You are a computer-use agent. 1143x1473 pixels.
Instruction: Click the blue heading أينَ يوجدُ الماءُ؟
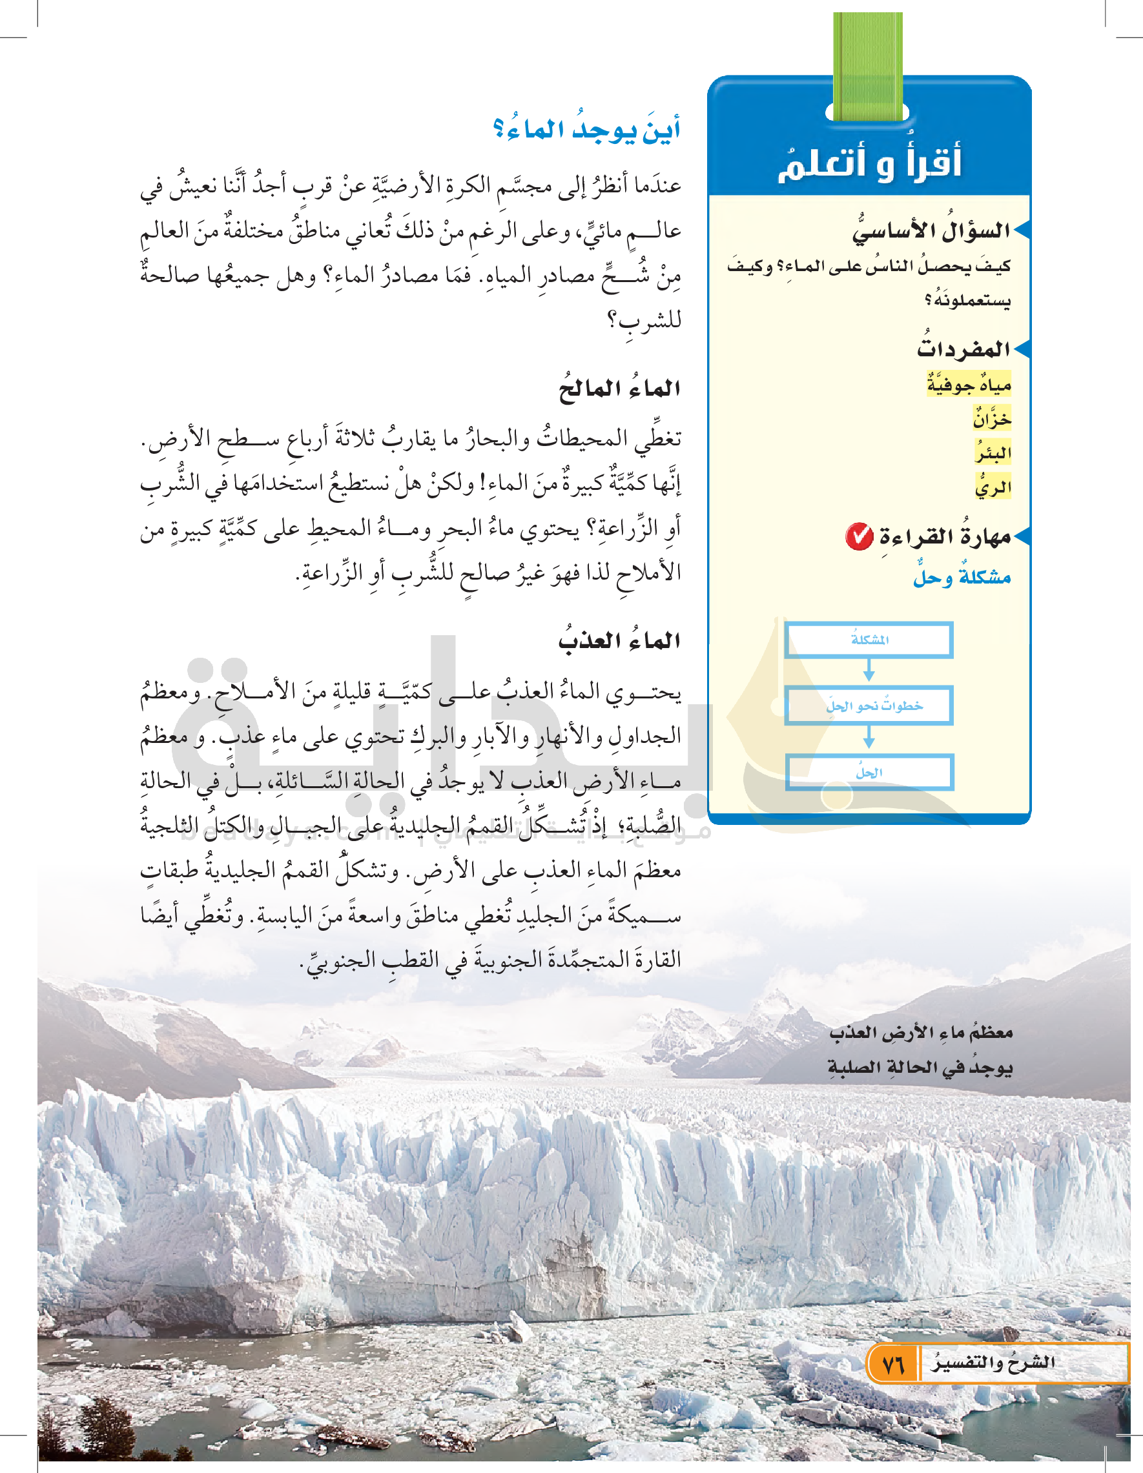click(x=586, y=128)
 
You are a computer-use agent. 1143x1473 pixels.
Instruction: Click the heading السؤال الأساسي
click(x=931, y=230)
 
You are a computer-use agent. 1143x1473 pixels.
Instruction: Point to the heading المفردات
click(x=963, y=349)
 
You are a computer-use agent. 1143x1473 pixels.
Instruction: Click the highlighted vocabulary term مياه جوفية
click(x=969, y=385)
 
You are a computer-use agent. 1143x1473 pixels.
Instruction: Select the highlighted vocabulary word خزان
click(x=992, y=419)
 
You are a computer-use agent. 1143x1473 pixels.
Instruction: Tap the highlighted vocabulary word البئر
click(x=993, y=452)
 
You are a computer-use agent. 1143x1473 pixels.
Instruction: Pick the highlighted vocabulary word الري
click(x=993, y=486)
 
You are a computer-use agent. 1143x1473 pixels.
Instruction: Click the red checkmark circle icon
click(x=860, y=537)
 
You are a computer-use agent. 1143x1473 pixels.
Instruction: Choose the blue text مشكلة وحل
click(x=962, y=577)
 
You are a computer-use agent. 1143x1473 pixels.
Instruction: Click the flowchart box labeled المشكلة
click(x=869, y=640)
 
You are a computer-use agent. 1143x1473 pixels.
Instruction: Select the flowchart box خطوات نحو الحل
click(x=869, y=706)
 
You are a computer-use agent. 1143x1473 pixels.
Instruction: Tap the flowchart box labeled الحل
click(x=869, y=772)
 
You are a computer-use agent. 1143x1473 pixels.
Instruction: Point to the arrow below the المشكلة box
click(x=869, y=671)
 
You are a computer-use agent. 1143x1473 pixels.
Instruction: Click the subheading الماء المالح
click(x=619, y=389)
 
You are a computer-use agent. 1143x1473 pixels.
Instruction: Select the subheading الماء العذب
click(x=619, y=640)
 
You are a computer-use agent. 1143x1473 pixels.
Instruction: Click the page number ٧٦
click(x=892, y=1365)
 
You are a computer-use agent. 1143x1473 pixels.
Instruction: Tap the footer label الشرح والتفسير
click(x=993, y=1363)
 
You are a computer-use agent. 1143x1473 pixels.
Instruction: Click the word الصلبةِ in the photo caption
click(x=856, y=1068)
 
